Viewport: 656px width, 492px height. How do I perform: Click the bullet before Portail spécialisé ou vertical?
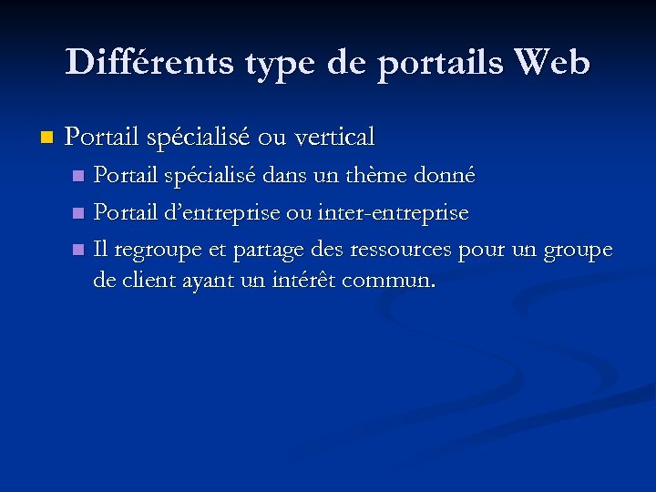point(47,138)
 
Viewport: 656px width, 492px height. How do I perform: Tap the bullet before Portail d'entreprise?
point(78,214)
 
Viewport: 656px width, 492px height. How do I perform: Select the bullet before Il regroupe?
point(78,250)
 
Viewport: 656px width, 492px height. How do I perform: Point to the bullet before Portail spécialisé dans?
point(78,174)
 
